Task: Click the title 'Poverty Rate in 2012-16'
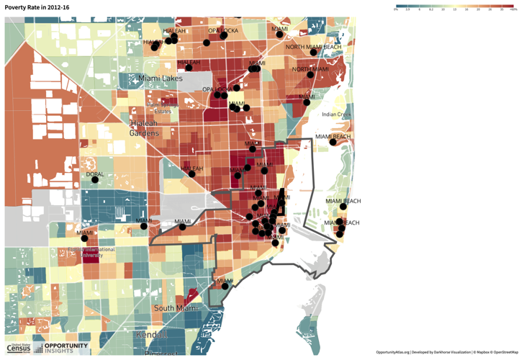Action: pos(37,7)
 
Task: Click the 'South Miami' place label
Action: pos(179,308)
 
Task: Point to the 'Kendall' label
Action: pos(152,336)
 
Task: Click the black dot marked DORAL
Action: pos(95,179)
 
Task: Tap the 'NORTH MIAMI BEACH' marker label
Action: pos(313,48)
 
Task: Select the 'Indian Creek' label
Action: pos(336,114)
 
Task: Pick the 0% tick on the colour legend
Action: pos(397,10)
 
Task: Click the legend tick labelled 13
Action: pos(455,10)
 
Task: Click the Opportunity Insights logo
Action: pos(65,348)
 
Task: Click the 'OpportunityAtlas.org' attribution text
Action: pos(392,352)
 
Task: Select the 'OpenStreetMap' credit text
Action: pos(502,352)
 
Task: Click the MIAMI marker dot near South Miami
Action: pos(225,287)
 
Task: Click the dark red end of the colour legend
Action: pos(514,5)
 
